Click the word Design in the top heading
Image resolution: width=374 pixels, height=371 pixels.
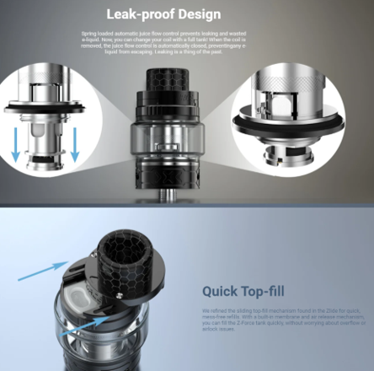(202, 14)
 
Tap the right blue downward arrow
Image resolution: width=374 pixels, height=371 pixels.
(74, 144)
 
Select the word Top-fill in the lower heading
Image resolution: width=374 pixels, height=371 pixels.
(268, 292)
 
